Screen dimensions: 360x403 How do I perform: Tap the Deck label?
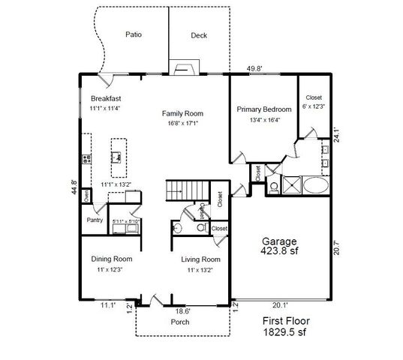(x=198, y=35)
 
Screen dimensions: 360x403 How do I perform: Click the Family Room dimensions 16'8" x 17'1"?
(x=183, y=123)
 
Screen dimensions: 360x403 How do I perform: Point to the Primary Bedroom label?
(x=263, y=110)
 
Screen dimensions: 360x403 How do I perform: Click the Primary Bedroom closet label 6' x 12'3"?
(x=313, y=107)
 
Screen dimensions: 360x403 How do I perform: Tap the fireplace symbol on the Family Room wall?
(x=182, y=68)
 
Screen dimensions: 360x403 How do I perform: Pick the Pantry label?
(x=95, y=220)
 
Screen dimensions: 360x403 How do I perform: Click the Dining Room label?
(x=112, y=259)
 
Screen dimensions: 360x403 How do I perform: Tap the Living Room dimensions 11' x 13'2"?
(x=200, y=269)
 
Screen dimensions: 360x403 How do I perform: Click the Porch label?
(x=180, y=322)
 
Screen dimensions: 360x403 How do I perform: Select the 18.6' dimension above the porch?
(x=182, y=310)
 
